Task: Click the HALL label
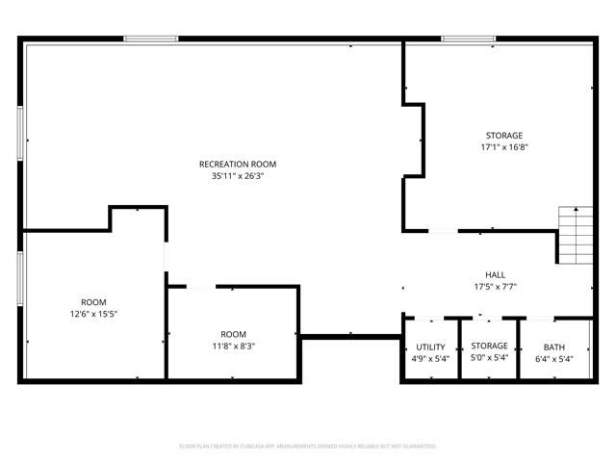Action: pyautogui.click(x=496, y=274)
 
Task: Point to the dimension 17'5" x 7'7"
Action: pyautogui.click(x=496, y=287)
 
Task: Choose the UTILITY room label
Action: pyautogui.click(x=430, y=346)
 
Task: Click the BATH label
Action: pyautogui.click(x=553, y=346)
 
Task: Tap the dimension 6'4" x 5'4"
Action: pyautogui.click(x=553, y=359)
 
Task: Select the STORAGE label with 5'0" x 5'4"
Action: pyautogui.click(x=489, y=346)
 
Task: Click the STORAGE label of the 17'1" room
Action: pyautogui.click(x=504, y=136)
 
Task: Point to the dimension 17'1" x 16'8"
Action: pyautogui.click(x=504, y=148)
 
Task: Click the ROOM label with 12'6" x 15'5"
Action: pyautogui.click(x=93, y=301)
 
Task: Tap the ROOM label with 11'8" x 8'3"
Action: pyautogui.click(x=233, y=334)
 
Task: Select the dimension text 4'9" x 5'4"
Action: pyautogui.click(x=430, y=359)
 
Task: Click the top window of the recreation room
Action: pyautogui.click(x=151, y=38)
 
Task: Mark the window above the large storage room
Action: pyautogui.click(x=469, y=38)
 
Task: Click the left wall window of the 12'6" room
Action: pyautogui.click(x=20, y=279)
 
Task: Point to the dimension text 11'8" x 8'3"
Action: pyautogui.click(x=233, y=346)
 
